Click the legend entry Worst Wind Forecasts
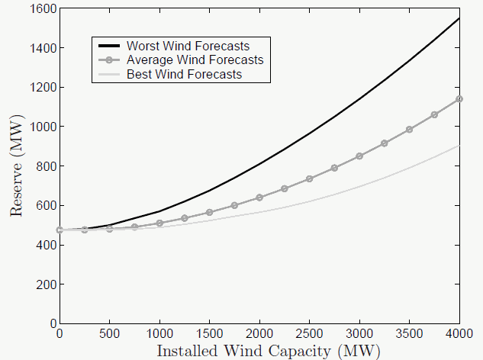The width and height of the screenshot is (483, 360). click(188, 47)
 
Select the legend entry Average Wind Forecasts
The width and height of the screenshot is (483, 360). click(195, 60)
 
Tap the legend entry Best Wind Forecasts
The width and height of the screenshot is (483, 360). click(184, 74)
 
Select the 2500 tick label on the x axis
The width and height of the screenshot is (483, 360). click(310, 335)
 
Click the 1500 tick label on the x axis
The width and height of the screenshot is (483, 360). click(210, 335)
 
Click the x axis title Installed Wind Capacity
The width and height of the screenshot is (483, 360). click(267, 351)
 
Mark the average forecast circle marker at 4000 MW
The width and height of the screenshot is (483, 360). click(459, 99)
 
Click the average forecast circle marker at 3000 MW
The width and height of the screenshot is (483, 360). click(359, 156)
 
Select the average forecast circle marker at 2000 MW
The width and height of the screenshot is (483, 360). click(259, 198)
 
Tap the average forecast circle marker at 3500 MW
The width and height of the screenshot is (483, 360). click(409, 130)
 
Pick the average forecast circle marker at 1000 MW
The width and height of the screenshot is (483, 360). click(159, 223)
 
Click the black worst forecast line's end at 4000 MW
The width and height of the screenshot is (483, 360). click(459, 18)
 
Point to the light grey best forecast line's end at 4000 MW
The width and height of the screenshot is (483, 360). click(459, 146)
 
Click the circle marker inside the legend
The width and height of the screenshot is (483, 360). click(108, 60)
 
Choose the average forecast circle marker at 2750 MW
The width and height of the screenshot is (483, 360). click(334, 168)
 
